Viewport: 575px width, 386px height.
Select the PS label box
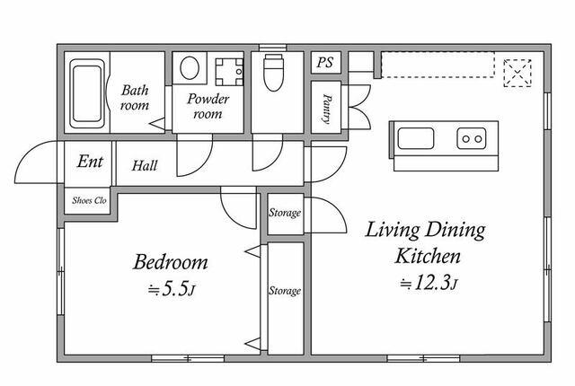tap(324, 63)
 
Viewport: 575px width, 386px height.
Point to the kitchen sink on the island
tap(415, 138)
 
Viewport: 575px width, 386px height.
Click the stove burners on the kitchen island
tap(471, 138)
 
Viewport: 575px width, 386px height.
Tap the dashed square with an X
tap(517, 72)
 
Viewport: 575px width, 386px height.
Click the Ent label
tap(90, 162)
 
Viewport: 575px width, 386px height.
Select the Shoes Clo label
tap(90, 200)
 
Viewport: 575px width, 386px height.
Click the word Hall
tap(145, 165)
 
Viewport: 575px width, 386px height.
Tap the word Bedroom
tap(171, 262)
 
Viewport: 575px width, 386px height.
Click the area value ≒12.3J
tap(429, 283)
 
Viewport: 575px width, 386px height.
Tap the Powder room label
tap(208, 106)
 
